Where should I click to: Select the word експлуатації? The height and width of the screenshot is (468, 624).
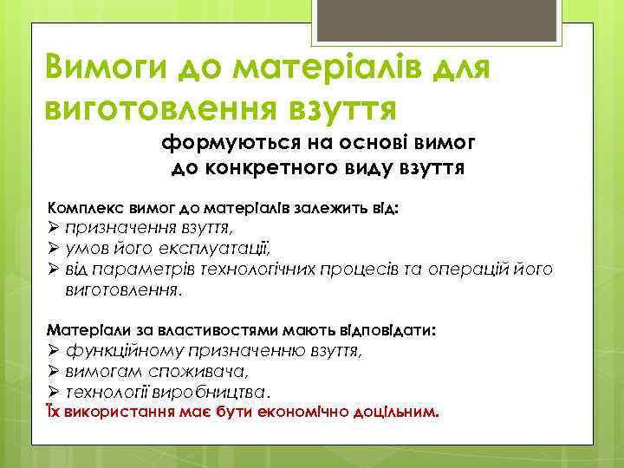click(221, 250)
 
